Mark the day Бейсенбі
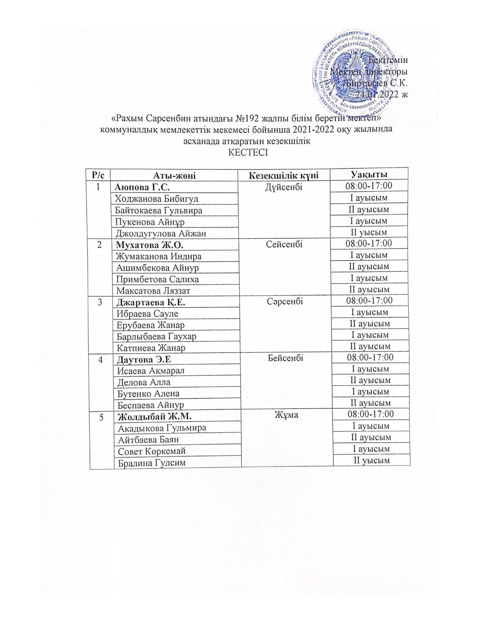285,358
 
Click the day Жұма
285,415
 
